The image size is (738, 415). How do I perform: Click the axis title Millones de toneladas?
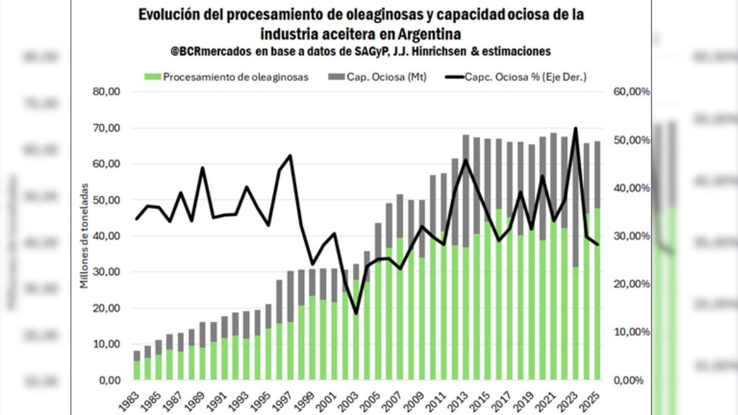click(84, 235)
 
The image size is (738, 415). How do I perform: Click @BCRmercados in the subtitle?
click(210, 51)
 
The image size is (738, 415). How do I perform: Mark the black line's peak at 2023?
click(575, 128)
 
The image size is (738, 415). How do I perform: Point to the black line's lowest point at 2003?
click(355, 314)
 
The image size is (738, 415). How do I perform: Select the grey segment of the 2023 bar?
click(575, 203)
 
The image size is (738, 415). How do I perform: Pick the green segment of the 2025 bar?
click(597, 295)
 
